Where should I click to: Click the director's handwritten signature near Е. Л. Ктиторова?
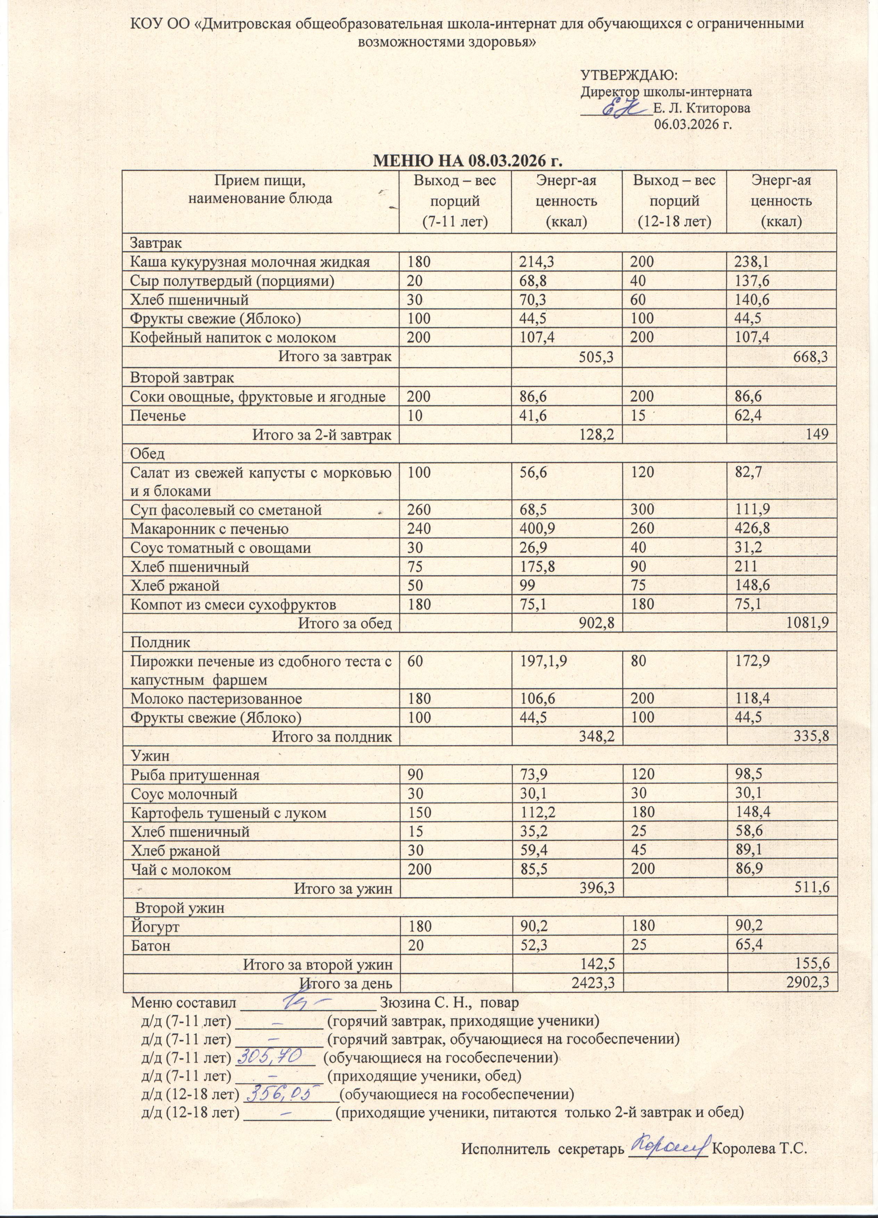[x=624, y=109]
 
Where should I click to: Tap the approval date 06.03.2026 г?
[x=693, y=125]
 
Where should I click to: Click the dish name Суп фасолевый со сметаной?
[x=226, y=510]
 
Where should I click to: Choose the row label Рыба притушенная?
[x=195, y=775]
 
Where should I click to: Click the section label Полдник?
[x=160, y=642]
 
